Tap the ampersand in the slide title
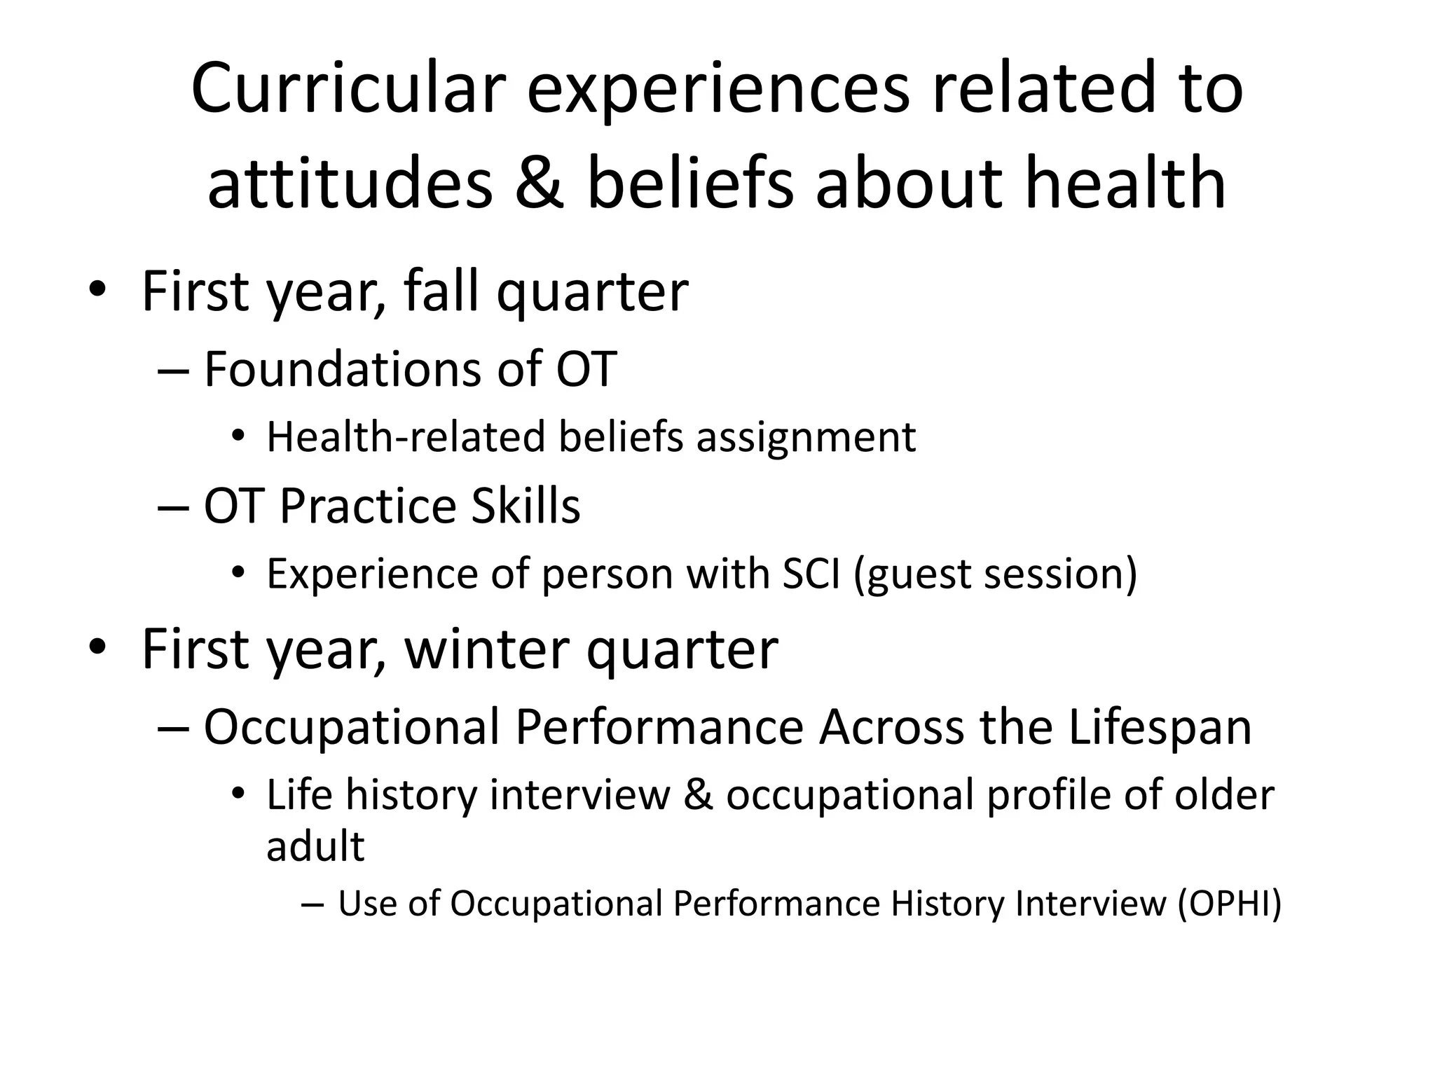pyautogui.click(x=539, y=184)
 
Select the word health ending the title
pyautogui.click(x=1125, y=184)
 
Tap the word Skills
pyautogui.click(x=526, y=506)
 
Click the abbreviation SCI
pyautogui.click(x=811, y=574)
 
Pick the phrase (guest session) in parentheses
pyautogui.click(x=995, y=574)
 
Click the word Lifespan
pyautogui.click(x=1160, y=727)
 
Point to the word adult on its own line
pyautogui.click(x=315, y=846)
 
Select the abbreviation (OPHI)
pyautogui.click(x=1230, y=904)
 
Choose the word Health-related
pyautogui.click(x=406, y=438)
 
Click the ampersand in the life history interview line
pyautogui.click(x=698, y=795)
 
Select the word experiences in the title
pyautogui.click(x=718, y=89)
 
